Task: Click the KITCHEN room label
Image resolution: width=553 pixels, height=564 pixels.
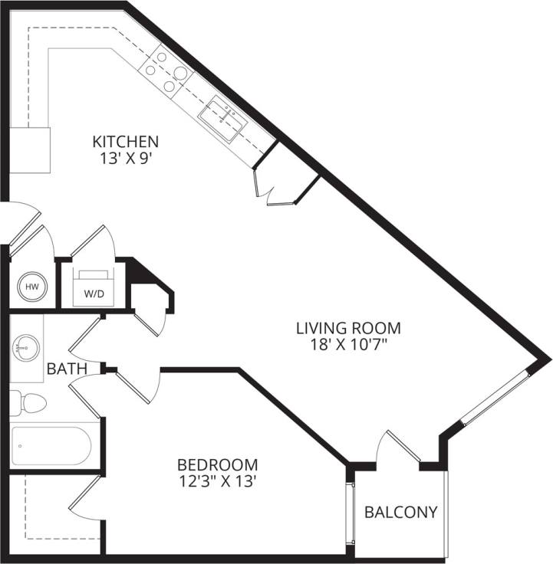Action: click(x=126, y=141)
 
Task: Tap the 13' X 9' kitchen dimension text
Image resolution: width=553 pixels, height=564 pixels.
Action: click(x=126, y=159)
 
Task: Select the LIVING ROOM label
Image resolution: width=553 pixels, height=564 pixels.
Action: click(x=349, y=328)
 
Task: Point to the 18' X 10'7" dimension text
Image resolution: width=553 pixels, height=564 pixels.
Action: click(x=349, y=346)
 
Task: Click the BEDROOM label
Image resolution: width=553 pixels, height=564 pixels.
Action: click(x=217, y=464)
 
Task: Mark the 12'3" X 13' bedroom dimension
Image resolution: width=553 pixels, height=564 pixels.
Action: click(x=217, y=482)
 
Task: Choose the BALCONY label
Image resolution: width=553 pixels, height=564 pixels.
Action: click(x=400, y=512)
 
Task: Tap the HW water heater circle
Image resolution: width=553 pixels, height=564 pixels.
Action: click(x=32, y=287)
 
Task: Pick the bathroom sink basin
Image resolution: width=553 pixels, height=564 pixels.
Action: click(x=25, y=349)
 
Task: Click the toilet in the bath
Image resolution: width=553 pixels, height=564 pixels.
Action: click(x=28, y=403)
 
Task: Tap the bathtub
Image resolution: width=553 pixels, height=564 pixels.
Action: click(x=52, y=445)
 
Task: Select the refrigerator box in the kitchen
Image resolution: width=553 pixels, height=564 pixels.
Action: click(x=29, y=150)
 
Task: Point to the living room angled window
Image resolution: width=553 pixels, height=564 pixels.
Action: click(x=496, y=397)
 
